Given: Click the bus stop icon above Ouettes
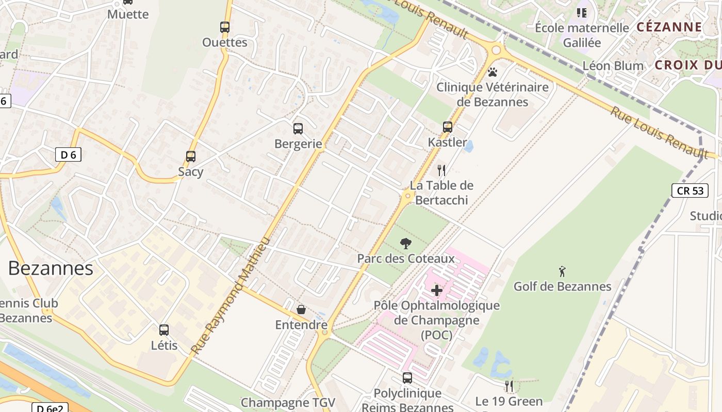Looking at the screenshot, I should pos(225,27).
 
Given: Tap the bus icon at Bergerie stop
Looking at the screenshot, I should pos(298,129).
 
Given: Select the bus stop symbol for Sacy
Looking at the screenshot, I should pos(191,157).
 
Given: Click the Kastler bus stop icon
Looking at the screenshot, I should pos(448,127).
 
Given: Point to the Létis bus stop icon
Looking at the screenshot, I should pos(164,330).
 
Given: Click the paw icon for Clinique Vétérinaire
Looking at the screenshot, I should pos(493,72).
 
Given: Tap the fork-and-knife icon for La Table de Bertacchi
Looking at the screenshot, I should pos(441,170).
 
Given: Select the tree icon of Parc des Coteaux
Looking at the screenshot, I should pos(406,243).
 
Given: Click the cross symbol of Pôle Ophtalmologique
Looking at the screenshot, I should pos(437,290).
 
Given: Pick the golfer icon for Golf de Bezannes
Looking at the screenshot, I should pos(562,271).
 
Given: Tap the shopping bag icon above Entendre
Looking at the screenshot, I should pos(301,310).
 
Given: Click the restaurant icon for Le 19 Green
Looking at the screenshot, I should pos(509,386).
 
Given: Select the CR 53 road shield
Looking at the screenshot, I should pos(690,191).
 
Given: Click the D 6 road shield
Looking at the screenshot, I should pos(68,154).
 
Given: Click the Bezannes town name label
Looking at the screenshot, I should pos(51,268).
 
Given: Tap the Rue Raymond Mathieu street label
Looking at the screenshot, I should pos(231,295).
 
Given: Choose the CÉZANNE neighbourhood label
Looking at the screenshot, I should pos(669,27).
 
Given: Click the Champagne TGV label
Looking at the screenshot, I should pos(288,402).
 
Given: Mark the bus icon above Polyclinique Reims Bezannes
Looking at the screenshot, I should pos(407,378).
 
